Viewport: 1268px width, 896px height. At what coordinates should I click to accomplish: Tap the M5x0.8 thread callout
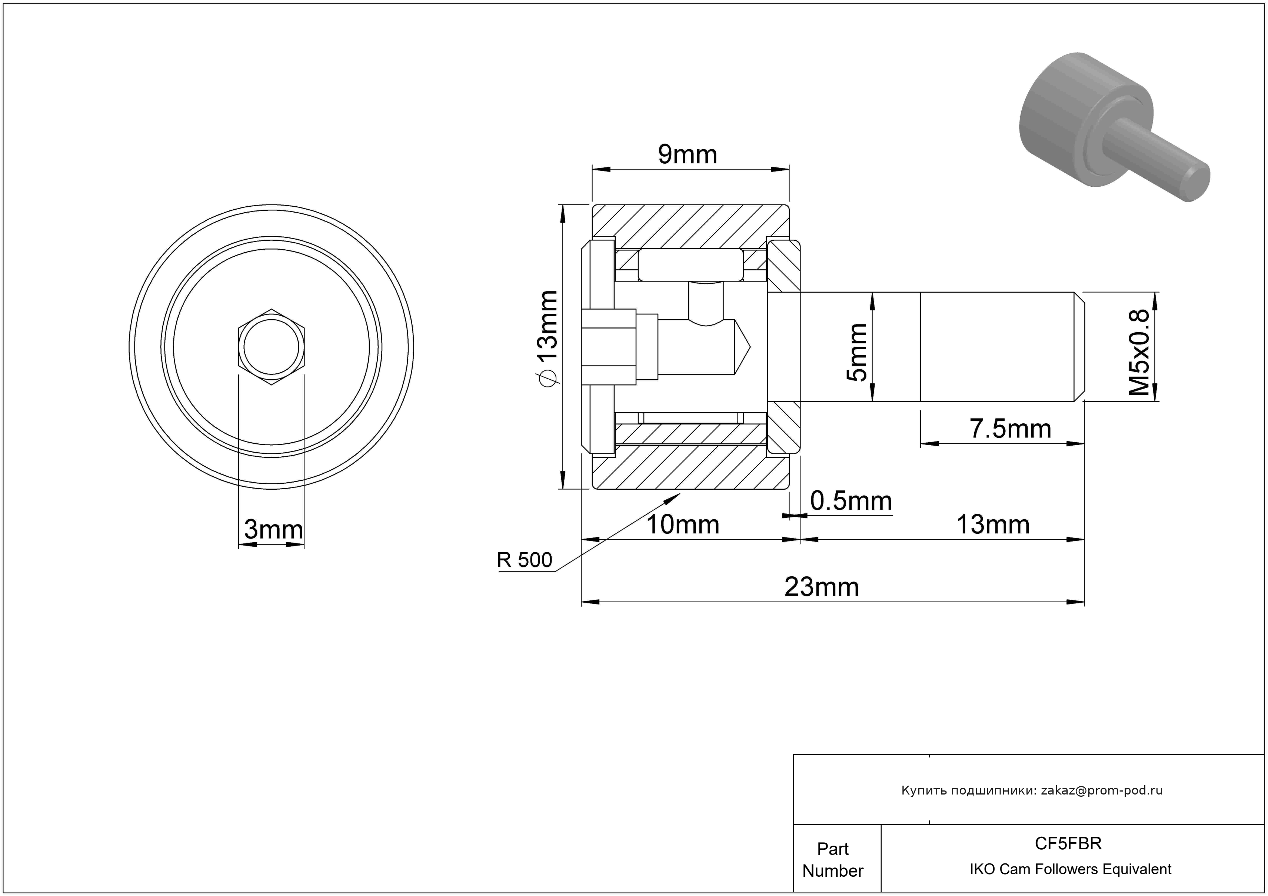coord(1138,352)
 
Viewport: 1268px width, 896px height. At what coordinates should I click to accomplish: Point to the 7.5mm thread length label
coord(1011,429)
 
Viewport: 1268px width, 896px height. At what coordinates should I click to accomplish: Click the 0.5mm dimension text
coord(851,501)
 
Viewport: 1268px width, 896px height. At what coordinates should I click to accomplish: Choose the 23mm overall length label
coord(822,586)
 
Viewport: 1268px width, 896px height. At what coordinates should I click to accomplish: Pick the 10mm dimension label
coord(683,524)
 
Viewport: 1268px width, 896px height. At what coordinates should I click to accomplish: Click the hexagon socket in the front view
coord(271,347)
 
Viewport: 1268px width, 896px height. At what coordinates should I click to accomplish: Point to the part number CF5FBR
coord(1068,843)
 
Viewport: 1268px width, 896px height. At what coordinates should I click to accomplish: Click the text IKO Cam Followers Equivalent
coord(1070,869)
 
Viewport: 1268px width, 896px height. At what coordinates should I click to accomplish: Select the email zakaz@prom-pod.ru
coord(1102,790)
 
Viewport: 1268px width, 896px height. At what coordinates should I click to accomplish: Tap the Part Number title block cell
coord(833,860)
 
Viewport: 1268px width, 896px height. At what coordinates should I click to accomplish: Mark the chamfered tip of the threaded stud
coord(1079,347)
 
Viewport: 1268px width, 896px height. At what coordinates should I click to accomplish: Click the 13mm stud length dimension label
coord(993,524)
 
